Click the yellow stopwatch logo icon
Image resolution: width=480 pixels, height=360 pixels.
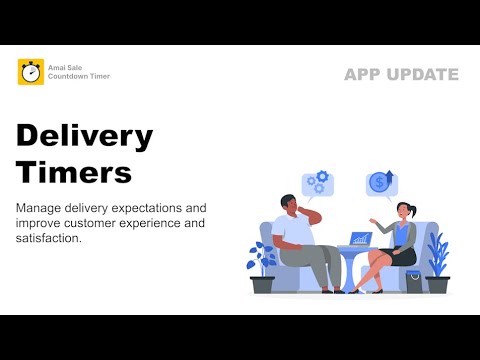pyautogui.click(x=31, y=72)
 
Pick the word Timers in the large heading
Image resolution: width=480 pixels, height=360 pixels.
pyautogui.click(x=74, y=171)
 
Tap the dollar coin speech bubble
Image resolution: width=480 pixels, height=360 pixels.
pyautogui.click(x=380, y=183)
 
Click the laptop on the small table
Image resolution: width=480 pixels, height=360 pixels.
pyautogui.click(x=358, y=239)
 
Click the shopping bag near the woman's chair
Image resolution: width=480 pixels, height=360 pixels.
pyautogui.click(x=413, y=280)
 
